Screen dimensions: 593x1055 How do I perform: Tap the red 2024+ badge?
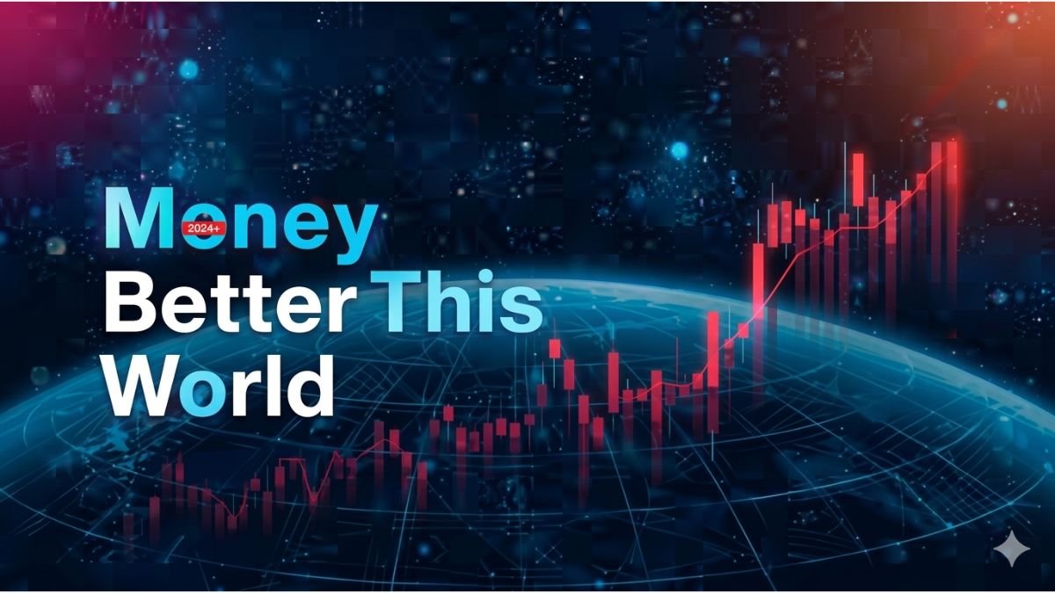point(203,228)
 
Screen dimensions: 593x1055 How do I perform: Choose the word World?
point(220,384)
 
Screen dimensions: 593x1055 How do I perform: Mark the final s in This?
point(521,309)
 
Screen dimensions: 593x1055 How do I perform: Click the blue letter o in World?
point(207,391)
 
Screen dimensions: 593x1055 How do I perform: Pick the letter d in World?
point(310,384)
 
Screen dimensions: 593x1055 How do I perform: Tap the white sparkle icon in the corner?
point(1010,549)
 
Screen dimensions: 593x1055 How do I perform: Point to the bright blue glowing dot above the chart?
point(679,151)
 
